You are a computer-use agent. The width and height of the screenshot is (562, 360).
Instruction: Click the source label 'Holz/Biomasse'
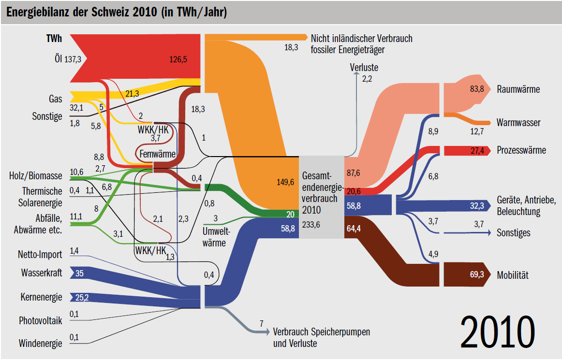35,175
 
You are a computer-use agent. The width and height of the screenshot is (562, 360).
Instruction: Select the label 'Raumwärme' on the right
518,89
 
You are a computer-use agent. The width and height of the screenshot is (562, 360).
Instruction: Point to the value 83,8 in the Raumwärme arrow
476,89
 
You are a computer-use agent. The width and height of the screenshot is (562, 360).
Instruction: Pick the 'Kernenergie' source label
41,297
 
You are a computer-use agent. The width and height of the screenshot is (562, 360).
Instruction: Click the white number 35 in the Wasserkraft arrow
80,274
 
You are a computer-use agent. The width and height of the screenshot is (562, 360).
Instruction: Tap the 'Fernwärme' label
157,154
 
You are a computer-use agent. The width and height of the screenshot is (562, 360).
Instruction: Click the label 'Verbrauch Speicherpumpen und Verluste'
321,338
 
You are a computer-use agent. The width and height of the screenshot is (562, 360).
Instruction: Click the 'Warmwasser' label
518,123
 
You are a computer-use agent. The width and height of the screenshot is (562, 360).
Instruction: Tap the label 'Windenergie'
40,344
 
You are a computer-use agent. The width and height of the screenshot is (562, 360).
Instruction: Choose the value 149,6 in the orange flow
284,182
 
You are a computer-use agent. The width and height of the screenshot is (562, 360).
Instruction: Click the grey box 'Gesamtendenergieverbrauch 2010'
321,197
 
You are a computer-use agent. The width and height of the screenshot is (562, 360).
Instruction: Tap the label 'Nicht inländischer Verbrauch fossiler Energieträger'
361,43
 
